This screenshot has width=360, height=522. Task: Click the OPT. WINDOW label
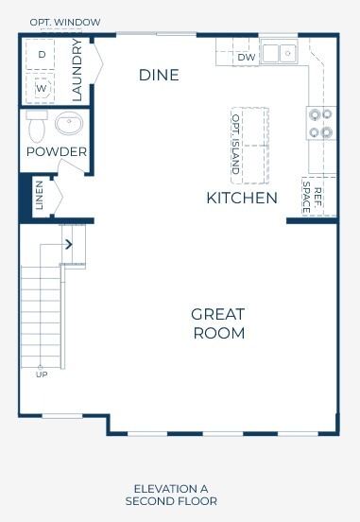click(65, 23)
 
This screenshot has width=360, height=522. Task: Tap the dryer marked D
click(41, 54)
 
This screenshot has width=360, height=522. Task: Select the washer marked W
click(41, 88)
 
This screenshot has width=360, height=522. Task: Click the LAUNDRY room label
click(77, 70)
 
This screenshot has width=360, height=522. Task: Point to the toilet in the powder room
click(37, 126)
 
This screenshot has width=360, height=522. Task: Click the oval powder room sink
click(69, 123)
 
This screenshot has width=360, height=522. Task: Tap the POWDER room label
click(57, 152)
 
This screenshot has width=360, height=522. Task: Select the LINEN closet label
click(40, 195)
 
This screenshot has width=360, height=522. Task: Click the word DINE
click(159, 75)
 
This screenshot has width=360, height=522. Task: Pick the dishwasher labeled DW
click(247, 58)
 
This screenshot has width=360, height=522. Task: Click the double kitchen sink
click(279, 52)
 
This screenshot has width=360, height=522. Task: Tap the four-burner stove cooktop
click(321, 123)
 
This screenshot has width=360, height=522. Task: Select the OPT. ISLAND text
click(235, 145)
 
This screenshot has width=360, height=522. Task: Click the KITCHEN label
click(242, 198)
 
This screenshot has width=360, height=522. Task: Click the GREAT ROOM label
click(218, 324)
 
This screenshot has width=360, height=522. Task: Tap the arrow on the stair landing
click(69, 244)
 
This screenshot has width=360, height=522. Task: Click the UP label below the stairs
click(42, 374)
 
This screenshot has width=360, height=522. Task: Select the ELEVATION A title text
click(171, 489)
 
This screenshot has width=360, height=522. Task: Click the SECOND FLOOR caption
click(171, 501)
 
